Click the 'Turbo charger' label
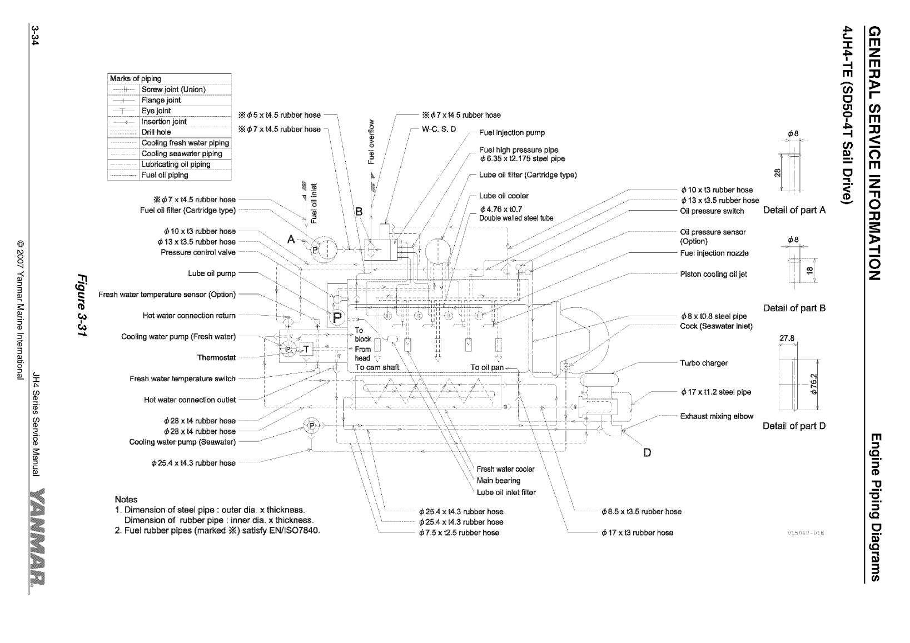pos(704,363)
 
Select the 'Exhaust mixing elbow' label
pos(717,416)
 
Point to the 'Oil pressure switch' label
pos(712,211)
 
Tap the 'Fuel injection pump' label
pos(512,133)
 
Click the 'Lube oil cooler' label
pos(504,196)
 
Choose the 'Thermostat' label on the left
pos(216,358)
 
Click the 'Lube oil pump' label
pos(212,273)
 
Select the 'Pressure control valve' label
pos(198,252)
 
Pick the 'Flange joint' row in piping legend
pos(161,101)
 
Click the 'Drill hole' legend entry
pos(156,132)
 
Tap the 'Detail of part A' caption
pos(794,210)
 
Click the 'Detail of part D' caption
pos(794,426)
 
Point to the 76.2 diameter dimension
pos(814,383)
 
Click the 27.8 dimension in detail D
pos(787,338)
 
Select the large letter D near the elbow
pos(647,452)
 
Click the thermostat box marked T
pos(306,348)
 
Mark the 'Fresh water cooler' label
pos(505,470)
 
